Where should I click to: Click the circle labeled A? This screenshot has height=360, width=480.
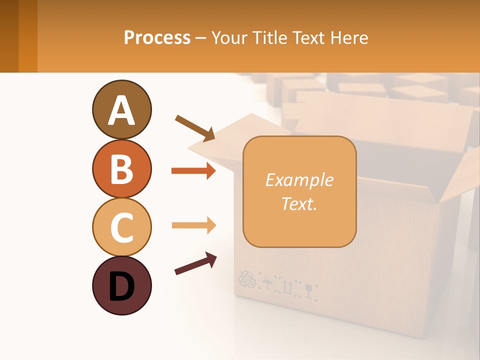click(x=121, y=110)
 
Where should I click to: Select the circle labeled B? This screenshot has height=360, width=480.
click(x=121, y=168)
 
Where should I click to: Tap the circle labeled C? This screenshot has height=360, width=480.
click(x=121, y=227)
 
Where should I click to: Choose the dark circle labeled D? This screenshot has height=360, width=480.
click(x=121, y=285)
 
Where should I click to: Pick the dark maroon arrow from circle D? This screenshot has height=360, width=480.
click(x=195, y=264)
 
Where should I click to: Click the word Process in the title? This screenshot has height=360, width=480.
click(x=157, y=38)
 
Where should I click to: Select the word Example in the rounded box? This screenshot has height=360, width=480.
click(x=299, y=180)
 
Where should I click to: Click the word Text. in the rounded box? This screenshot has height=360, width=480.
click(x=299, y=203)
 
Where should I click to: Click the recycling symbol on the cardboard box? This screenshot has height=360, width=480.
click(x=246, y=280)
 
